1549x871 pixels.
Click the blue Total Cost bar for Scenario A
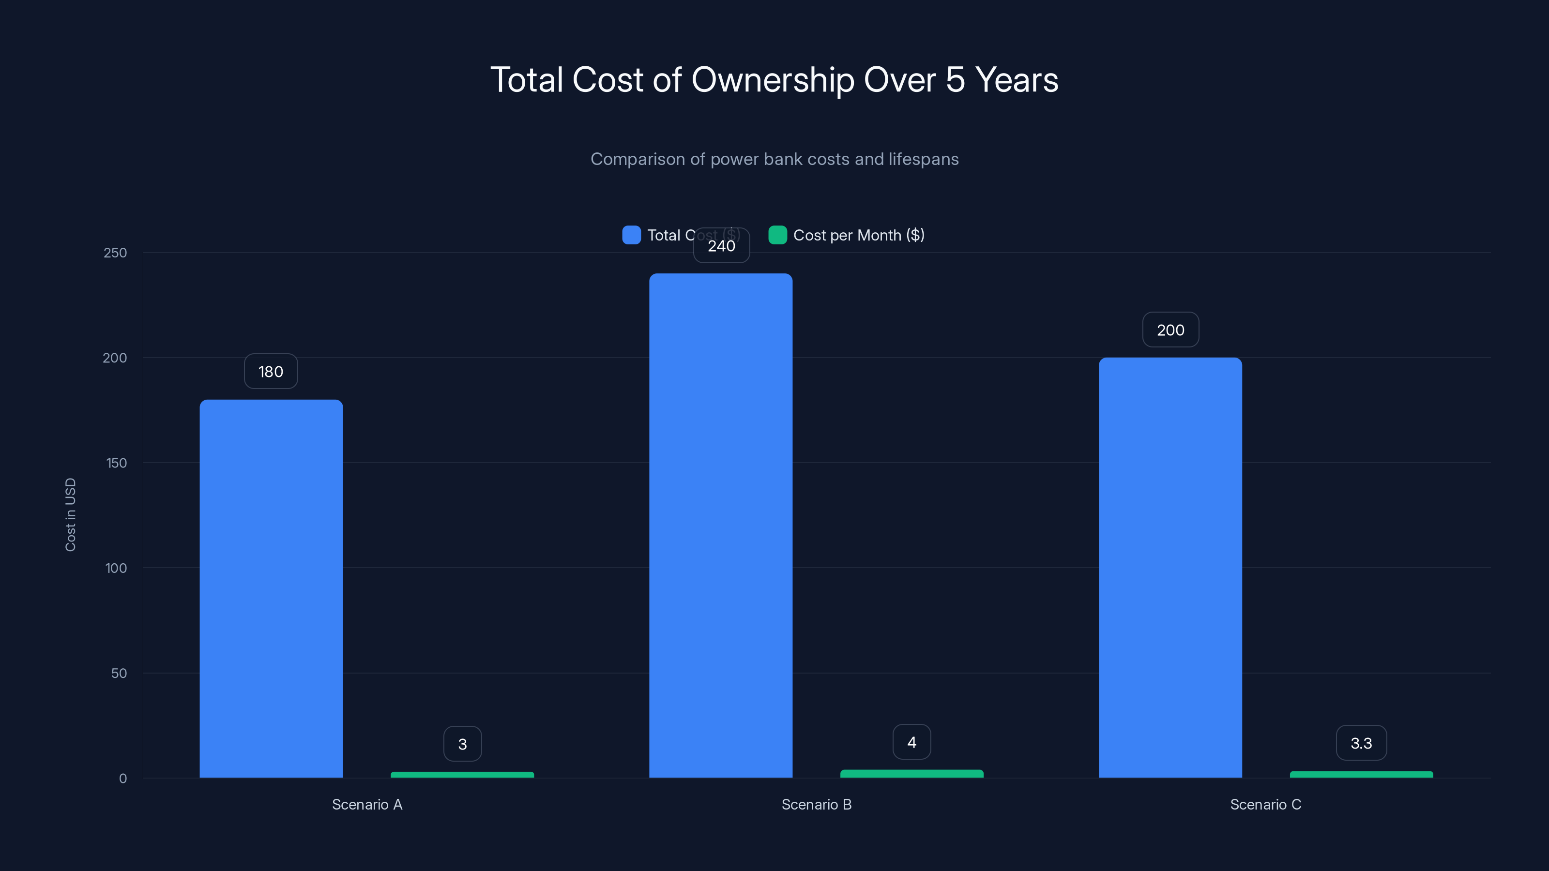[x=271, y=589]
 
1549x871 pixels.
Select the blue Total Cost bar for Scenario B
[x=720, y=526]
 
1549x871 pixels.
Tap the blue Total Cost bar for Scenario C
[x=1170, y=568]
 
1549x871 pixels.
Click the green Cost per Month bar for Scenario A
[x=462, y=774]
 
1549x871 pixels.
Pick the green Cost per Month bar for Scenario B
[x=911, y=774]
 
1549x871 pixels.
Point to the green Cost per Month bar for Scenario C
[x=1361, y=774]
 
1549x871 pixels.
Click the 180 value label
[x=271, y=372]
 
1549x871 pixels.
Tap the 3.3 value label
[x=1361, y=743]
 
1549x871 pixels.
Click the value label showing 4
[x=911, y=742]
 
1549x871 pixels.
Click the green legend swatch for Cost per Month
[x=777, y=235]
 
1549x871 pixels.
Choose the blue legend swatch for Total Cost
[x=631, y=235]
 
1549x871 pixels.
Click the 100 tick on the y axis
[x=116, y=568]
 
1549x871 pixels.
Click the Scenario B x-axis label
[x=816, y=804]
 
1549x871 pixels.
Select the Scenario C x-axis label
[x=1265, y=804]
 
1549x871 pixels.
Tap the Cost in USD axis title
[x=70, y=514]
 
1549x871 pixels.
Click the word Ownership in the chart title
[x=773, y=80]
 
